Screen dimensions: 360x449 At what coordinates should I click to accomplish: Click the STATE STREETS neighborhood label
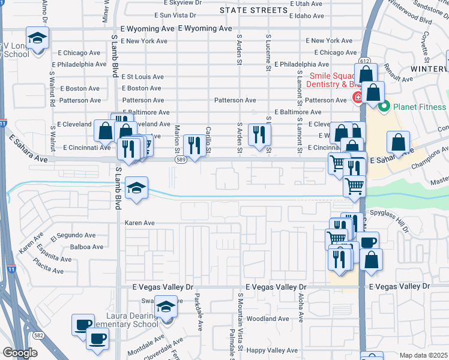pyautogui.click(x=253, y=10)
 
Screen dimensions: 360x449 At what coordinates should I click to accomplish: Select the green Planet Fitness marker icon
pyautogui.click(x=384, y=107)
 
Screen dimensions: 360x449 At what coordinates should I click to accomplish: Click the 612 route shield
pyautogui.click(x=364, y=61)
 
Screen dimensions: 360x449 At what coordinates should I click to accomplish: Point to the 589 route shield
pyautogui.click(x=180, y=160)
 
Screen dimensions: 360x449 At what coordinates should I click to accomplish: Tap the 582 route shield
pyautogui.click(x=39, y=335)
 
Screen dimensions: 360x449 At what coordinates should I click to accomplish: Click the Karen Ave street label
pyautogui.click(x=140, y=223)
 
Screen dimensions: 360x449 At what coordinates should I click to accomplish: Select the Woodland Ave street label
pyautogui.click(x=268, y=319)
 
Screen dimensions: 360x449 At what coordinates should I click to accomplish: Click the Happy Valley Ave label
pyautogui.click(x=273, y=350)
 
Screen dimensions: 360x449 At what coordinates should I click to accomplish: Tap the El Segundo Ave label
pyautogui.click(x=73, y=235)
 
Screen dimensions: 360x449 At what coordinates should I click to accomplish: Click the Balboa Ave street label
pyautogui.click(x=87, y=247)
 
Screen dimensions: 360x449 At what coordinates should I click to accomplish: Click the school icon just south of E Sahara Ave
pyautogui.click(x=137, y=188)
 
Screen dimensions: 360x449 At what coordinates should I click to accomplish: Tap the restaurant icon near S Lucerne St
pyautogui.click(x=259, y=134)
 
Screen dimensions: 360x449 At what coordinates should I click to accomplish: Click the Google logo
pyautogui.click(x=20, y=353)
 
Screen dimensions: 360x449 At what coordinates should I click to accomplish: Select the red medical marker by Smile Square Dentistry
pyautogui.click(x=358, y=97)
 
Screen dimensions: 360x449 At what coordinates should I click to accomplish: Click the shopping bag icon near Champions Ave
pyautogui.click(x=399, y=142)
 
